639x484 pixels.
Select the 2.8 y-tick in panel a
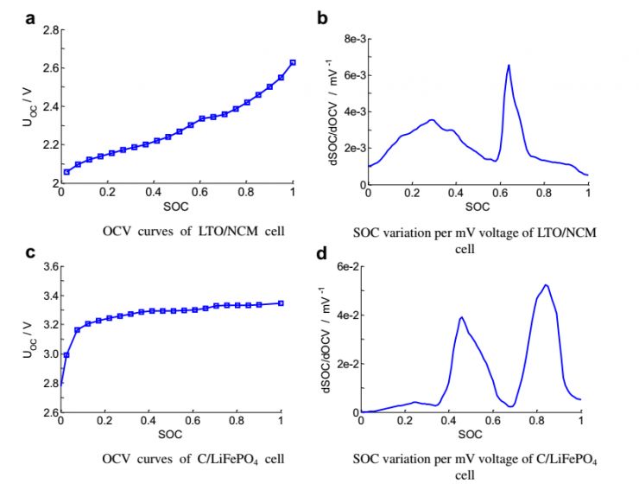(50, 30)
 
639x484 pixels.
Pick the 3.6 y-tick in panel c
(50, 267)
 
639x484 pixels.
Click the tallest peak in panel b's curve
(509, 66)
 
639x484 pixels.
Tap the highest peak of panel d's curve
(546, 285)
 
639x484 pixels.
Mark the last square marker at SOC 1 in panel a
(293, 62)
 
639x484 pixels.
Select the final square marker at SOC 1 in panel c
(282, 303)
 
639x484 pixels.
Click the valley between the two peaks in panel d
(512, 405)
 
